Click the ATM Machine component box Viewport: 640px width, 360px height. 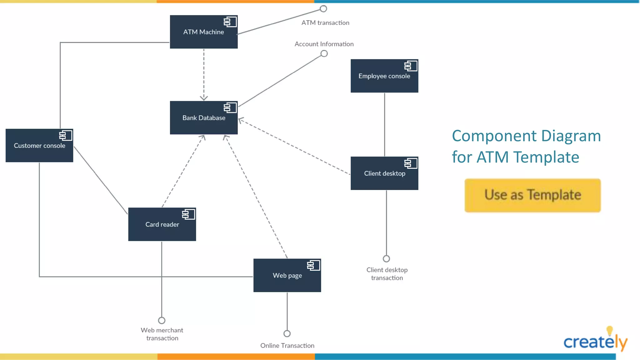pos(203,32)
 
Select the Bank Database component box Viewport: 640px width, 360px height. pos(203,118)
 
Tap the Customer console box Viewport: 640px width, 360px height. pos(39,146)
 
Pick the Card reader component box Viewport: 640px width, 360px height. pos(162,224)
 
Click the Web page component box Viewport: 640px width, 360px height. pos(287,275)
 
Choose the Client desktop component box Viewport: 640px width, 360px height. pos(384,173)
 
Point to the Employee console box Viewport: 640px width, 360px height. pos(384,76)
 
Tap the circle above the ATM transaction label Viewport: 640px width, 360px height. pos(323,9)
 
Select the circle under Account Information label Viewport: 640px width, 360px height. pos(324,54)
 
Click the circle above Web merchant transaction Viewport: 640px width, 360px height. pos(162,320)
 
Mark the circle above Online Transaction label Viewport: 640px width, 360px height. pos(287,333)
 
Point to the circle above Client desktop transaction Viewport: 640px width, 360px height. pos(386,259)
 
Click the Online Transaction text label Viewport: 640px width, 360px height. pos(287,346)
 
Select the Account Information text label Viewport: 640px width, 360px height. pos(324,44)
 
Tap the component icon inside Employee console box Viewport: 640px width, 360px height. pos(411,66)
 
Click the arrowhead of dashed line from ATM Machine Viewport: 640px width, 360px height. pos(204,98)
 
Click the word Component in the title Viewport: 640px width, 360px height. pos(494,136)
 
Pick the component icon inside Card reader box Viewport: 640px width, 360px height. pos(188,214)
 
